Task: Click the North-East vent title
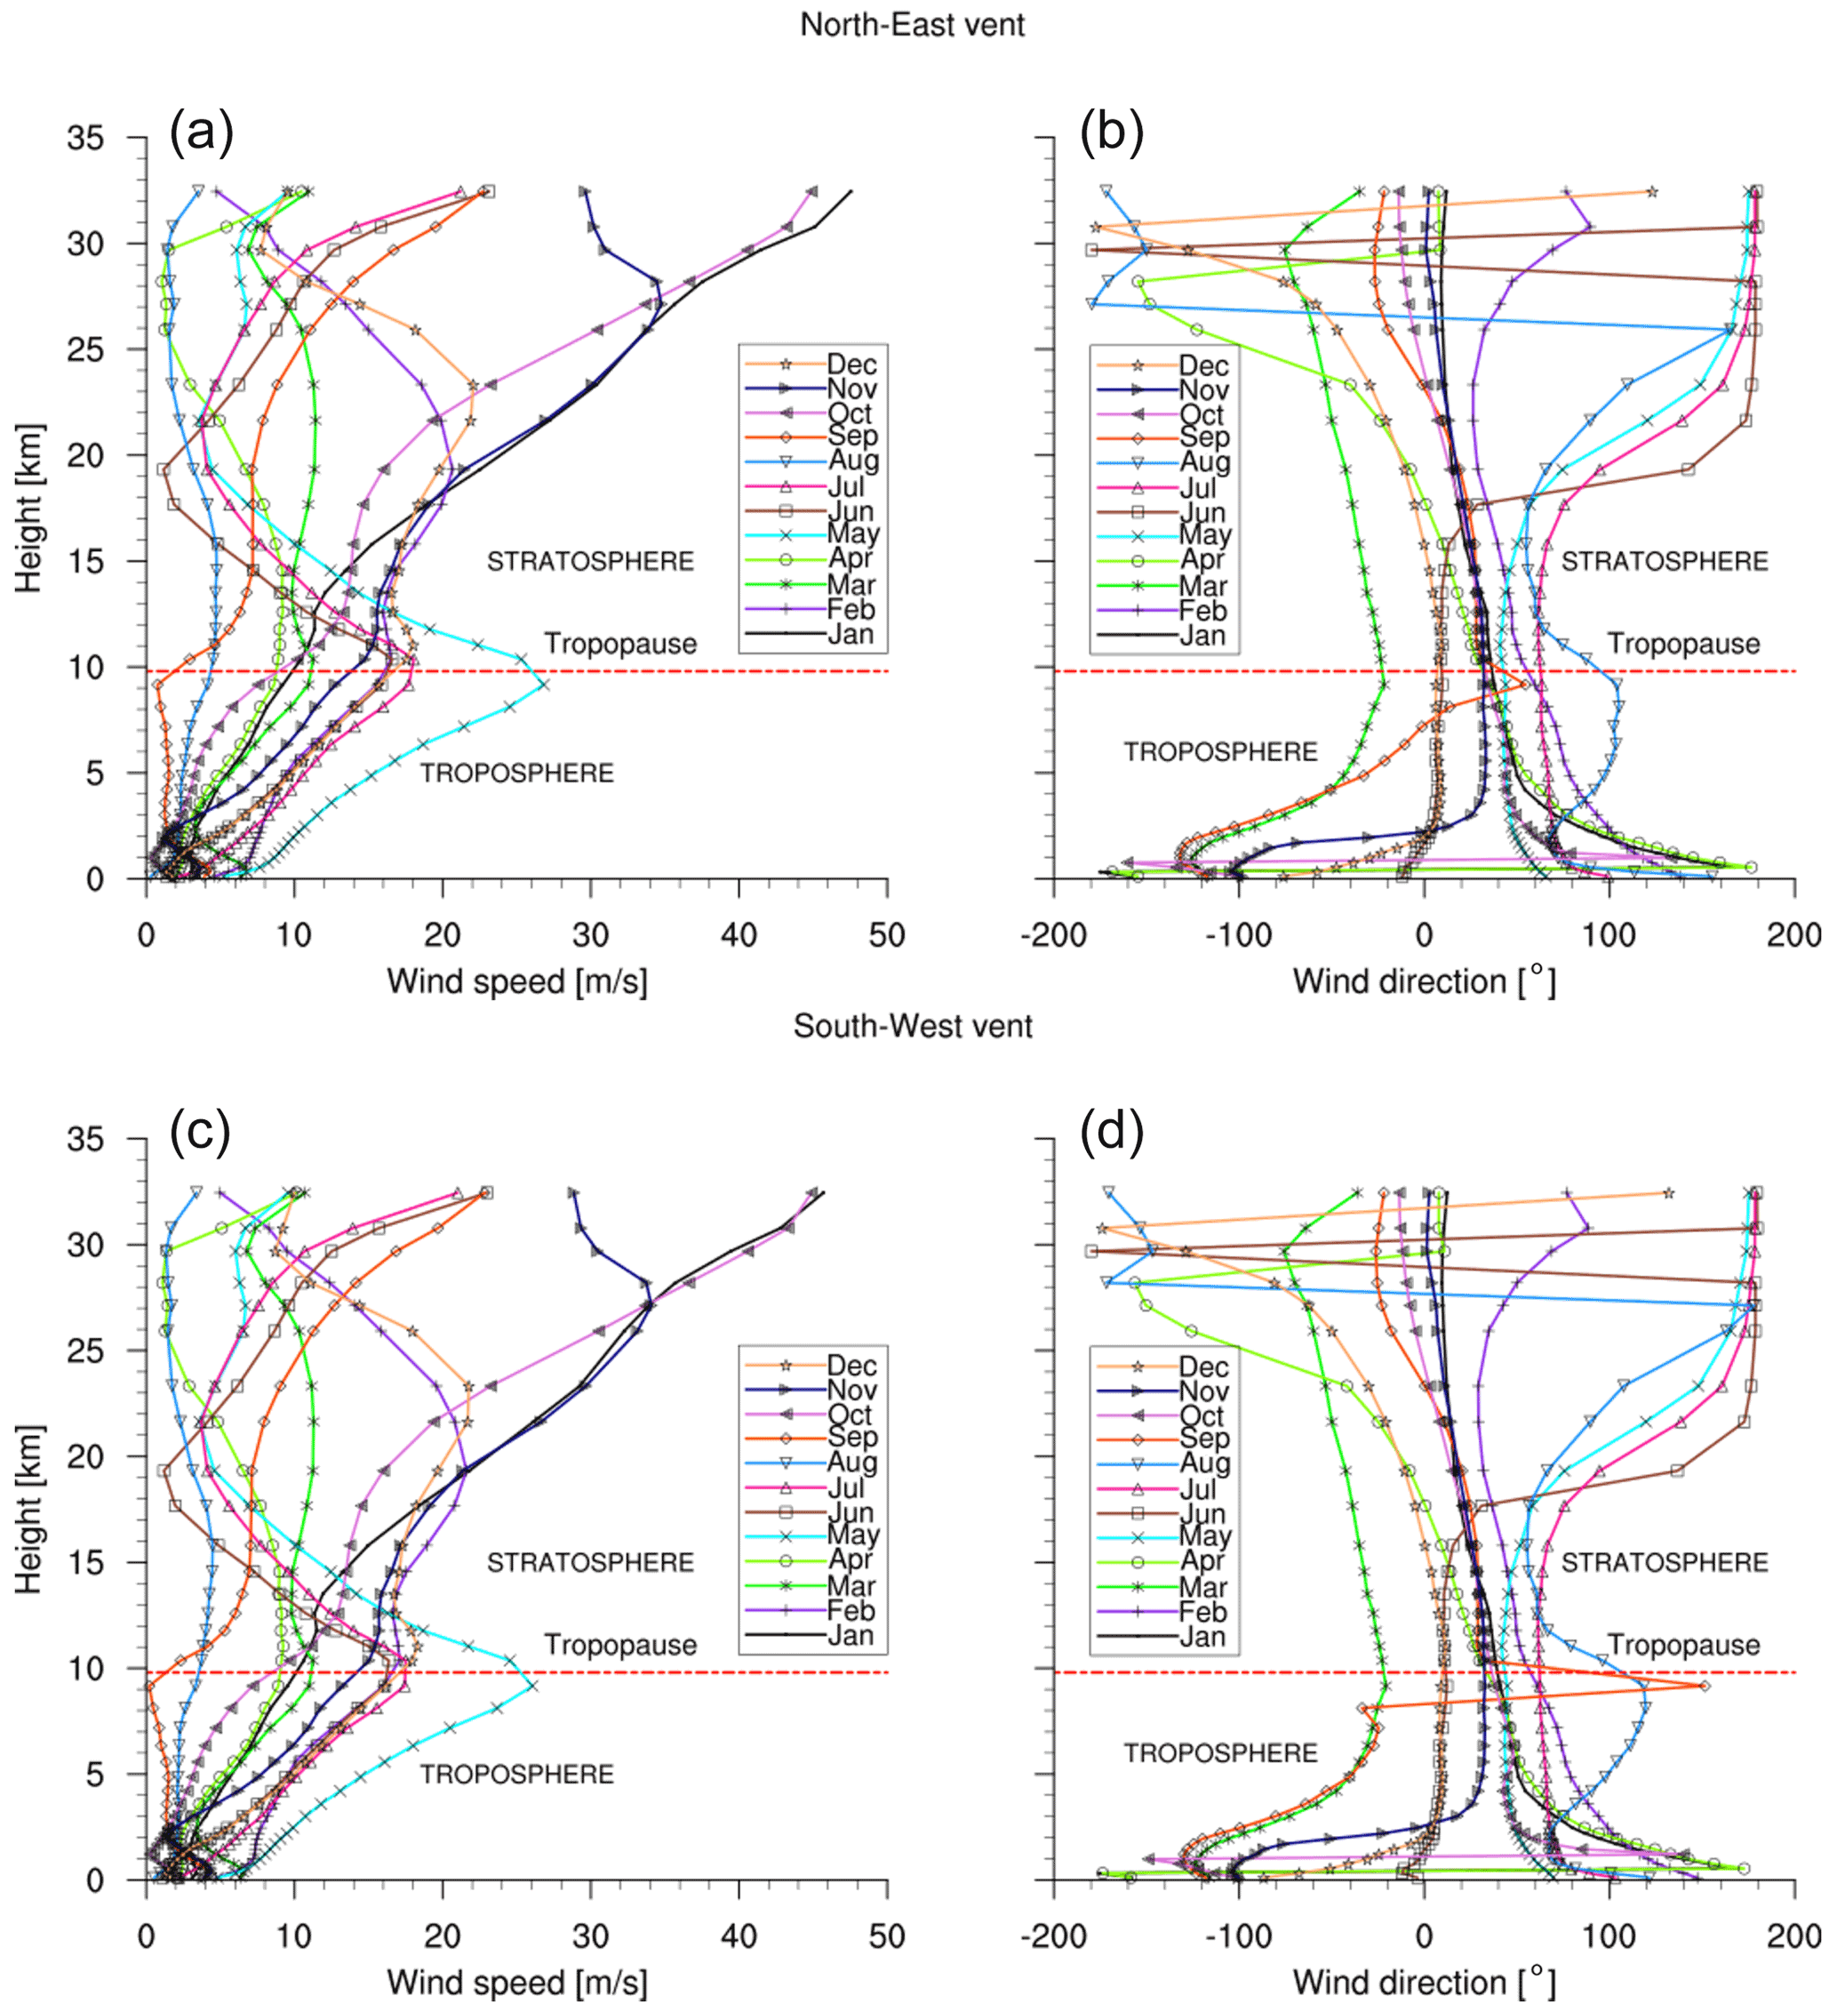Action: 912,24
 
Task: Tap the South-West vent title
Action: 912,1026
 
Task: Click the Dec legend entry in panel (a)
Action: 851,365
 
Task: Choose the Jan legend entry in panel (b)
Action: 1202,636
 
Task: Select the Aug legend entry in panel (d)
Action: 1203,1463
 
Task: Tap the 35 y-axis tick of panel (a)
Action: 86,138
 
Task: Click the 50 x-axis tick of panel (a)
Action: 886,935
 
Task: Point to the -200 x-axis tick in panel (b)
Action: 1054,935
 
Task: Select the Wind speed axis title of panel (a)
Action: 517,982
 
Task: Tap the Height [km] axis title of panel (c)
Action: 30,1509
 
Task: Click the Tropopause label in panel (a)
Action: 619,645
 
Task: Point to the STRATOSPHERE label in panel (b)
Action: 1664,562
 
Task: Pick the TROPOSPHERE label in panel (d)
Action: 1220,1753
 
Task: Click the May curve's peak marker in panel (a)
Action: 543,685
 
